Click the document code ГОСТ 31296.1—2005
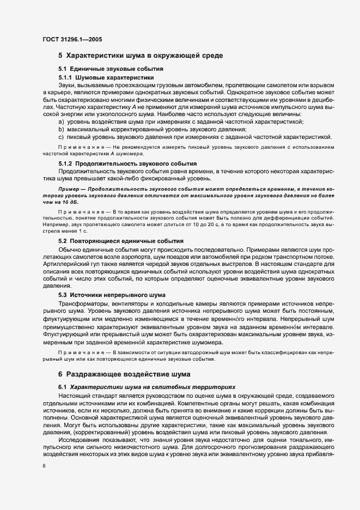(x=72, y=39)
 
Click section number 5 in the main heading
(x=60, y=56)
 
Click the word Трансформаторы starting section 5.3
(x=83, y=303)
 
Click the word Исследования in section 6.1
(x=80, y=439)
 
